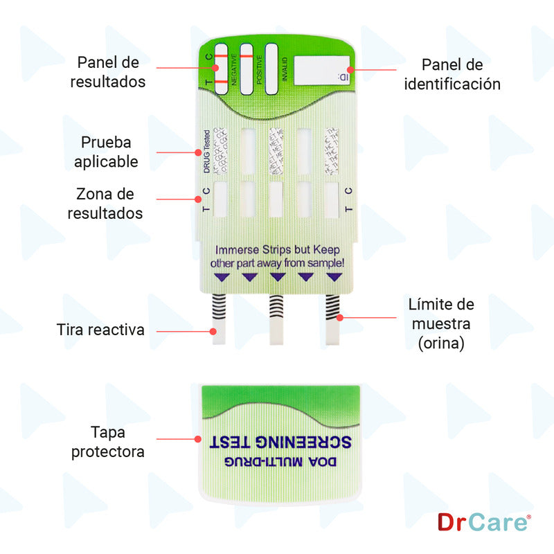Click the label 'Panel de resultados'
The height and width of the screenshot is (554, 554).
tap(108, 72)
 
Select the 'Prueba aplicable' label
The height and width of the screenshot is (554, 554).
tap(106, 152)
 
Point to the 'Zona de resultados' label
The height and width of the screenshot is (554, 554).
tap(105, 204)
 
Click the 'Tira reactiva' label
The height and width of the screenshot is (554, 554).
tap(101, 330)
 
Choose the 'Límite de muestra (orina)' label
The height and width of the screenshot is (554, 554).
tap(441, 323)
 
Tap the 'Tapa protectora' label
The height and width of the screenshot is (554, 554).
tap(118, 442)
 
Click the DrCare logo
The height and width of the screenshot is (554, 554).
tap(483, 521)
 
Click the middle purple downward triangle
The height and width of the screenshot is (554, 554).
tap(278, 277)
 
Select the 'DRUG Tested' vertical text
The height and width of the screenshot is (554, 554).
tap(206, 151)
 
